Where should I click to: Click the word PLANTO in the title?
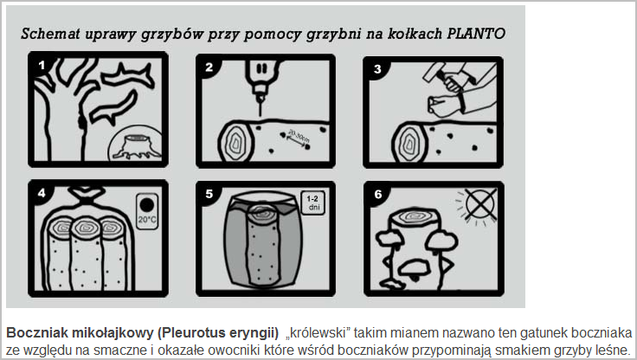click(476, 34)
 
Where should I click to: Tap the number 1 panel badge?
click(42, 65)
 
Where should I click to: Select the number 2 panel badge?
click(209, 67)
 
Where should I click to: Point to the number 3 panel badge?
click(377, 69)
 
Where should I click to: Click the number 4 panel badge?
click(42, 193)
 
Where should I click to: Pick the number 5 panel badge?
click(209, 194)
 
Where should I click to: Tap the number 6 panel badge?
click(378, 194)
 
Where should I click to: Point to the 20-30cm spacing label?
click(299, 138)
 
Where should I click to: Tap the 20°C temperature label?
click(147, 220)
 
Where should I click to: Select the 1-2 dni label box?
click(312, 202)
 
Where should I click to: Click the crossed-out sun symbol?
click(479, 203)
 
